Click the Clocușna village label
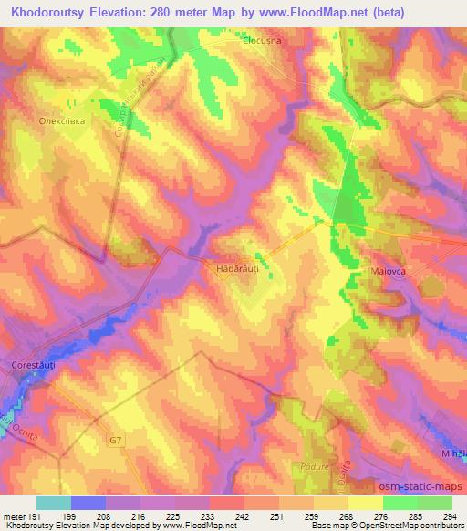tap(265, 40)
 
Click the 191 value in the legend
tap(35, 515)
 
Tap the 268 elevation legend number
tap(345, 515)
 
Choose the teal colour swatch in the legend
tap(54, 503)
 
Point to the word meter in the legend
tap(13, 515)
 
